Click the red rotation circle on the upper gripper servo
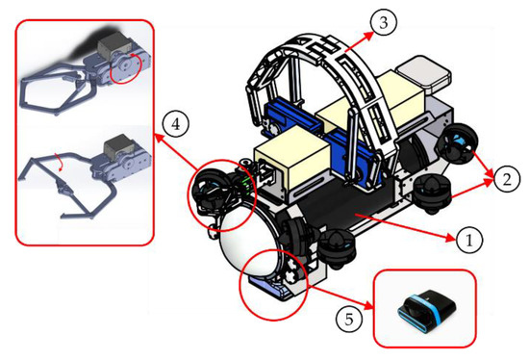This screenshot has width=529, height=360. pos(124,68)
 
